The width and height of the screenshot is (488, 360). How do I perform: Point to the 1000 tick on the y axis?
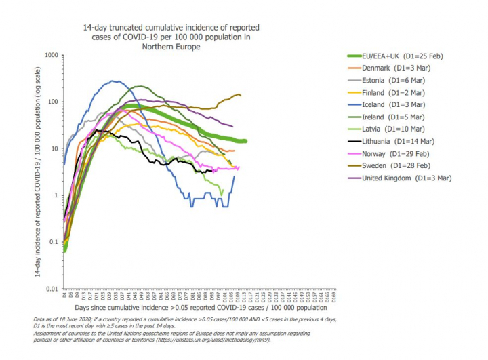49,54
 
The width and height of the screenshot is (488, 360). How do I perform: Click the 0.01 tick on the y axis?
51,289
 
